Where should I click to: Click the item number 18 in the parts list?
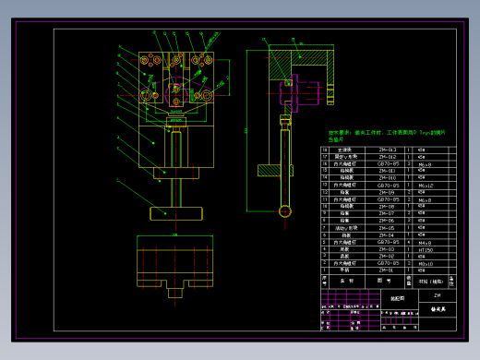point(325,150)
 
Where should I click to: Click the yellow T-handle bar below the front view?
point(174,213)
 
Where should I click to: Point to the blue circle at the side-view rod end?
point(284,211)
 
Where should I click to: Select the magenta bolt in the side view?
point(300,92)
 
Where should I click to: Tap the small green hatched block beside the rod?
point(269,170)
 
